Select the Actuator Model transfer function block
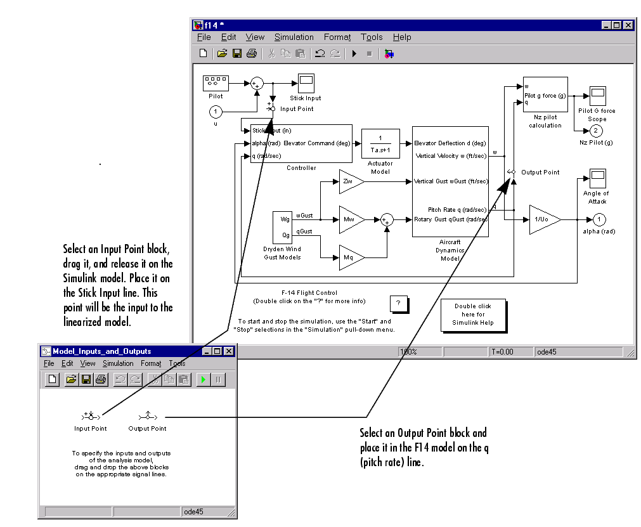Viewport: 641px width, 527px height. click(x=380, y=143)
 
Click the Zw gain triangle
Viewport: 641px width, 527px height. click(x=351, y=181)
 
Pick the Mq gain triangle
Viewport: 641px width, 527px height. click(x=351, y=257)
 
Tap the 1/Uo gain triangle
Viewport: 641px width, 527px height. click(x=543, y=219)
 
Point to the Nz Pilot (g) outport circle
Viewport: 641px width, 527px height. click(x=595, y=131)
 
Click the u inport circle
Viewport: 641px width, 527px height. click(x=216, y=112)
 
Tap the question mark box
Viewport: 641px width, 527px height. click(x=398, y=304)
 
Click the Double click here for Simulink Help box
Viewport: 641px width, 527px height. click(x=473, y=315)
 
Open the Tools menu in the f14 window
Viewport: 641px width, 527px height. click(x=372, y=37)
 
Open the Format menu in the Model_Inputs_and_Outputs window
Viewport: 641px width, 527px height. click(x=151, y=363)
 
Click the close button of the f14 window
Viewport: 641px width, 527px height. click(x=628, y=25)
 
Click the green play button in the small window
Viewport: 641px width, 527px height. click(x=204, y=379)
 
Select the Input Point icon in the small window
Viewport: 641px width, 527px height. click(x=90, y=416)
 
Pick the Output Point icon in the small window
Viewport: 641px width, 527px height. click(x=147, y=416)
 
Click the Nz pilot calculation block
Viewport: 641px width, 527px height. click(x=545, y=94)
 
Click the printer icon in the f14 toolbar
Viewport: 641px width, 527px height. click(x=252, y=54)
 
